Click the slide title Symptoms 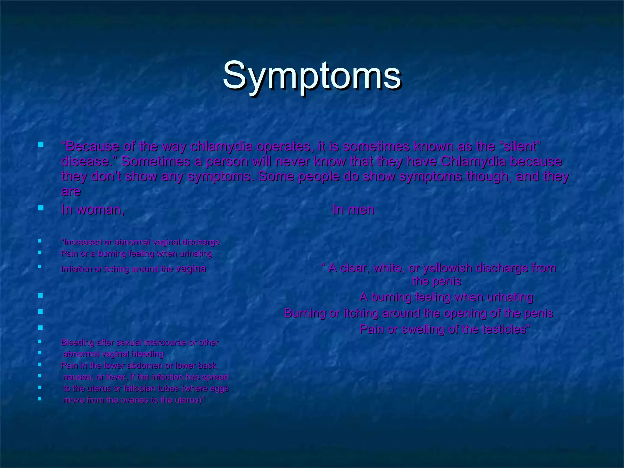pos(312,76)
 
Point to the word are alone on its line pos(71,191)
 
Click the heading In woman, pos(93,210)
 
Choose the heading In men pos(353,210)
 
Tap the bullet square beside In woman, pos(41,208)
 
